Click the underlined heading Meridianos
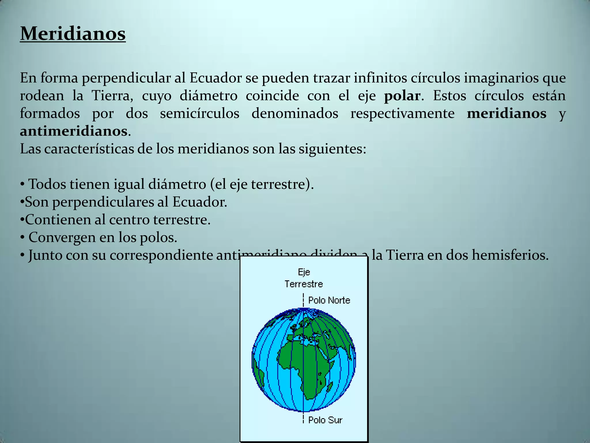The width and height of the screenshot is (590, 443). pos(73,34)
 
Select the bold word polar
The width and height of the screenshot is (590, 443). pos(402,96)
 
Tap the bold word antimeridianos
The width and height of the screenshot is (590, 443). pos(73,131)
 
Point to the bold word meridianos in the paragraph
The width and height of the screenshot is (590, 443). pos(506,113)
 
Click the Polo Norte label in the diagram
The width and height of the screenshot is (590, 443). pos(329,301)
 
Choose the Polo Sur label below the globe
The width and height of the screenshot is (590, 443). pos(325,420)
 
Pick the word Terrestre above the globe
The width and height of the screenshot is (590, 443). pos(304,284)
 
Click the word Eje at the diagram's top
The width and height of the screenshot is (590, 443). pos(304,272)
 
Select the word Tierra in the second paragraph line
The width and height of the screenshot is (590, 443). pos(112,96)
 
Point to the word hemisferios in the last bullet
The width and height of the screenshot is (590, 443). pos(510,255)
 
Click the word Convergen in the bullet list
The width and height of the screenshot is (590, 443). pos(62,238)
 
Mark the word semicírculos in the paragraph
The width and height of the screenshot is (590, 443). pos(200,113)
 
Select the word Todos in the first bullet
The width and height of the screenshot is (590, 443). pos(47,184)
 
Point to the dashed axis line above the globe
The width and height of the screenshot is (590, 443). pos(303,300)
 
